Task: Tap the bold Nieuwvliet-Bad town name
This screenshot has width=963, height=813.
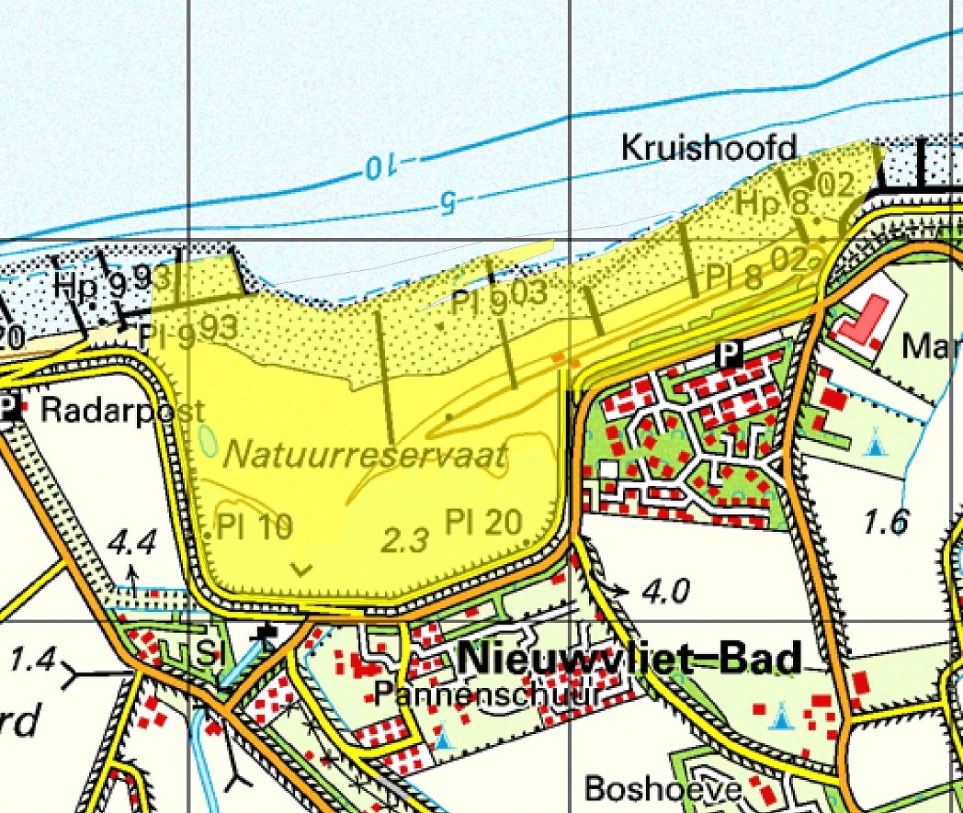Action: tap(629, 660)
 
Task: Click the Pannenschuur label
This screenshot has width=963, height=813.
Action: tap(486, 695)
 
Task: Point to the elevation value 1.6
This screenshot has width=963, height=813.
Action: tap(886, 522)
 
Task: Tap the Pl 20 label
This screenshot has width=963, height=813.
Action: tap(484, 522)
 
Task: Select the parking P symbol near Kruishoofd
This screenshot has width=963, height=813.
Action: tap(730, 353)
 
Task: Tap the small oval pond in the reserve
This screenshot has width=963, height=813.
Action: tap(209, 441)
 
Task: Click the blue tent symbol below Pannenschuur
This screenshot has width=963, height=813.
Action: tap(444, 736)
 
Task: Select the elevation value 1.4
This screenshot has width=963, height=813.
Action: tap(33, 659)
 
